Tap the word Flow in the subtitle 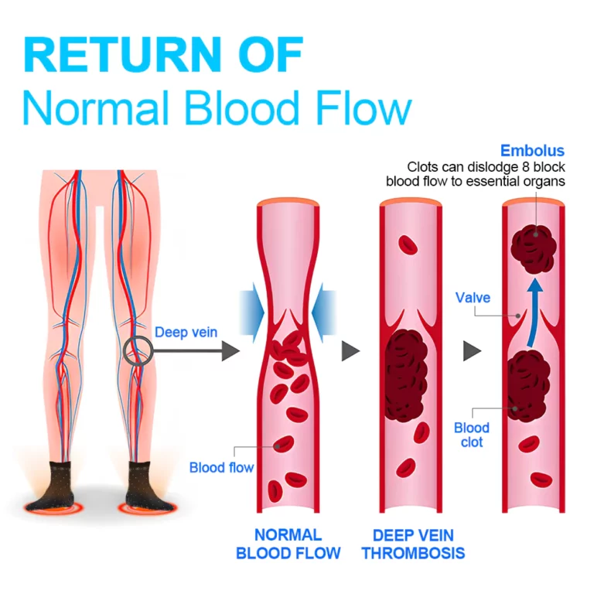[x=359, y=109]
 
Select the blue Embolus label [x=532, y=151]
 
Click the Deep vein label [x=186, y=333]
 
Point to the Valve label [x=473, y=298]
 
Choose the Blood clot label [x=472, y=435]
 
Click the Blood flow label [x=221, y=467]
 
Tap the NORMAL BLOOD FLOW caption [x=288, y=544]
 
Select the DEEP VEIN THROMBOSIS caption [x=413, y=544]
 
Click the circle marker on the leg [x=138, y=351]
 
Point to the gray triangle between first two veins [x=351, y=351]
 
